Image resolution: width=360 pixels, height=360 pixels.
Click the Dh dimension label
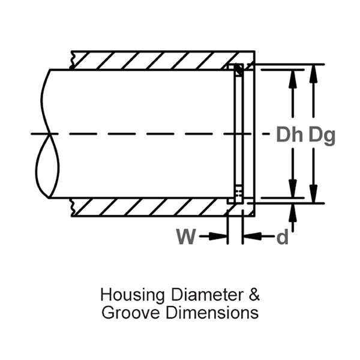pos(290,135)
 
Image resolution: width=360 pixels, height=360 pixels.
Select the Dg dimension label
pos(322,135)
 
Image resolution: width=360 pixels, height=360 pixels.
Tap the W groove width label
pos(186,237)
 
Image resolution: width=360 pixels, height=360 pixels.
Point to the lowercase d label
pos(282,237)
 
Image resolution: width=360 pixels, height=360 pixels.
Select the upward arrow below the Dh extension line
pos(292,211)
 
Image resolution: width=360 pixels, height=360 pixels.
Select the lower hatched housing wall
pos(150,208)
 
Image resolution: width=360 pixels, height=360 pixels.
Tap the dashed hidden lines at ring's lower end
pos(239,193)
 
